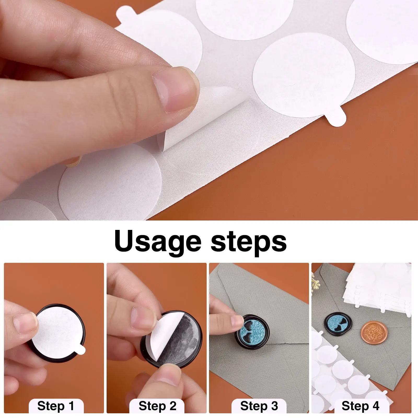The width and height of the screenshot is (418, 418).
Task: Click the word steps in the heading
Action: point(248,241)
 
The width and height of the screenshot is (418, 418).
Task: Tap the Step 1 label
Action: point(56,406)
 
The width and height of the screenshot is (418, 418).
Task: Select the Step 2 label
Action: point(157,406)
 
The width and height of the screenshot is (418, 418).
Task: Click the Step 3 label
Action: point(259,406)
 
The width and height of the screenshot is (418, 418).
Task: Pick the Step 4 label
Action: point(360,406)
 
